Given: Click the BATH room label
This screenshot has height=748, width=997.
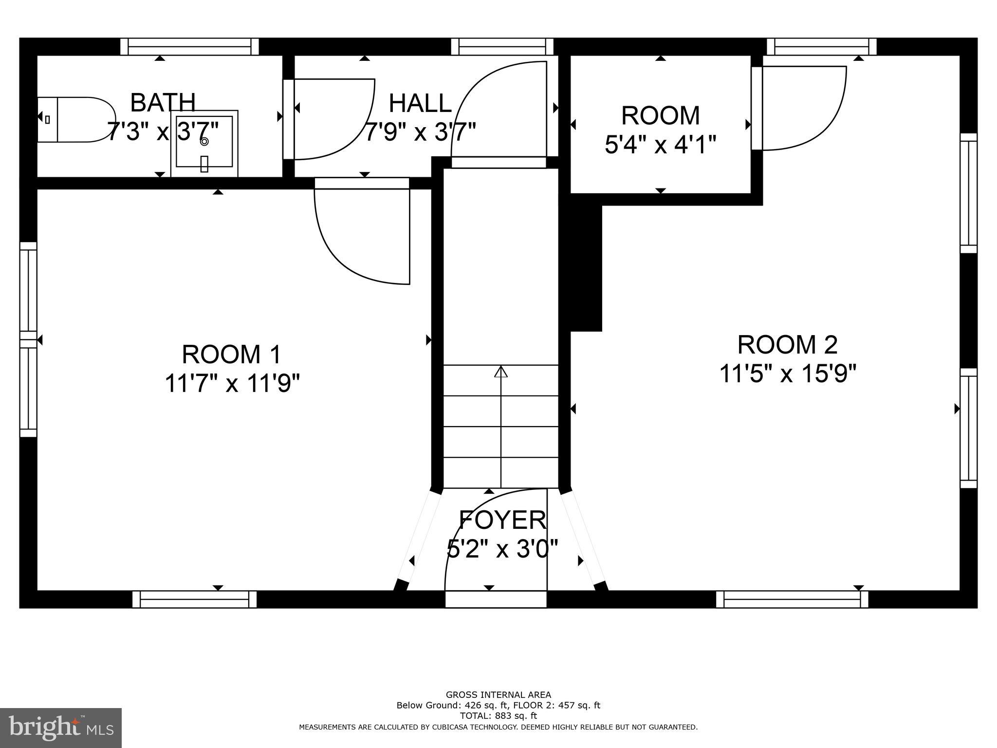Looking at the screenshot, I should pyautogui.click(x=163, y=102).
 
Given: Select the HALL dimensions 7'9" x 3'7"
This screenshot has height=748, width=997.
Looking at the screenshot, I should pyautogui.click(x=420, y=132).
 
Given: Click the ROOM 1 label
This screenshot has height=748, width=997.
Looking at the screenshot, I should pyautogui.click(x=232, y=354).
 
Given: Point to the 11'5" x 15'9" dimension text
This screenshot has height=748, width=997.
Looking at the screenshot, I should pyautogui.click(x=787, y=374).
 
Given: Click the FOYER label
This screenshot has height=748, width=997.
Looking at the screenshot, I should pyautogui.click(x=502, y=520).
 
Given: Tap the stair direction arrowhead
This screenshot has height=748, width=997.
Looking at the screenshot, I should pyautogui.click(x=501, y=372).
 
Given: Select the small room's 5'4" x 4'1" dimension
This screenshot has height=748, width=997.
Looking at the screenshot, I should pyautogui.click(x=660, y=145).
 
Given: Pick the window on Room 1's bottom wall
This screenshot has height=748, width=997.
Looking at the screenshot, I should pyautogui.click(x=194, y=599).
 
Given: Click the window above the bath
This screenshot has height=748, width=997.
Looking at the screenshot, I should pyautogui.click(x=189, y=47).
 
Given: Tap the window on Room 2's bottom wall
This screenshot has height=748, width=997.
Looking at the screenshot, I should pyautogui.click(x=792, y=599).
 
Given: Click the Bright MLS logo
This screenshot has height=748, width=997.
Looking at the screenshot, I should pyautogui.click(x=61, y=728).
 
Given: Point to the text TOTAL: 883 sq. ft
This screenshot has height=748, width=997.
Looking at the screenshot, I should pyautogui.click(x=498, y=716).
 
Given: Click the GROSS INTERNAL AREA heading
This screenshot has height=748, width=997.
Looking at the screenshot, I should pyautogui.click(x=498, y=695).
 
